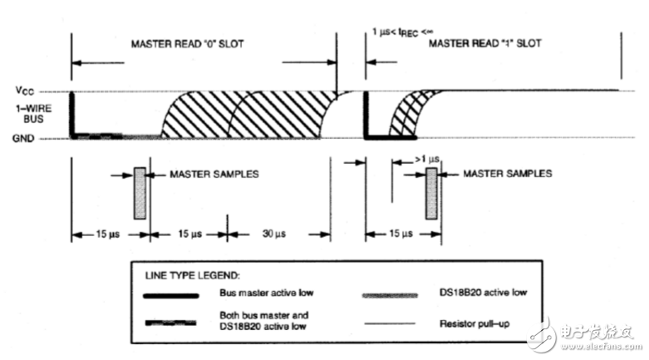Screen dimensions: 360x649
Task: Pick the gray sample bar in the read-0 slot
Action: pyautogui.click(x=139, y=193)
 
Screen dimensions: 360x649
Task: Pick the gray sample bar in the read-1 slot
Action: pyautogui.click(x=431, y=193)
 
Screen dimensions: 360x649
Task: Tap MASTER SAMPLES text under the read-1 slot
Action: pyautogui.click(x=507, y=175)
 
